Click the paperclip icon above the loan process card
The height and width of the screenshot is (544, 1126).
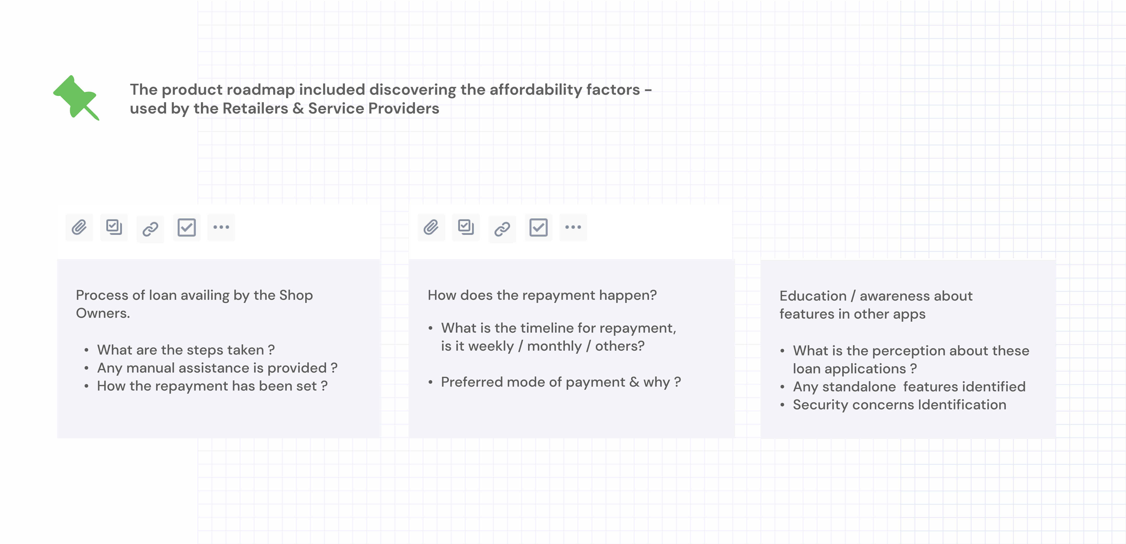pyautogui.click(x=79, y=228)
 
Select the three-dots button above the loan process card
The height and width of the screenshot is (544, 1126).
pyautogui.click(x=221, y=227)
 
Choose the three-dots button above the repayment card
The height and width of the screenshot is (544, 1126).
pyautogui.click(x=573, y=227)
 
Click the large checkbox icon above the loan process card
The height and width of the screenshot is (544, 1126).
pyautogui.click(x=187, y=228)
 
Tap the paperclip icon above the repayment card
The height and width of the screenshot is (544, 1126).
pyautogui.click(x=431, y=228)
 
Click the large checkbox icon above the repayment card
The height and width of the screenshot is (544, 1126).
pyautogui.click(x=538, y=228)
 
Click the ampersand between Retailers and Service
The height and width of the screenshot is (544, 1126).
pyautogui.click(x=298, y=109)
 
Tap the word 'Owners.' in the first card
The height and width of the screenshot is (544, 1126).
pyautogui.click(x=103, y=313)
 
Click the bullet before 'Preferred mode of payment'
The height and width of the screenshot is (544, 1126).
pyautogui.click(x=431, y=382)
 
